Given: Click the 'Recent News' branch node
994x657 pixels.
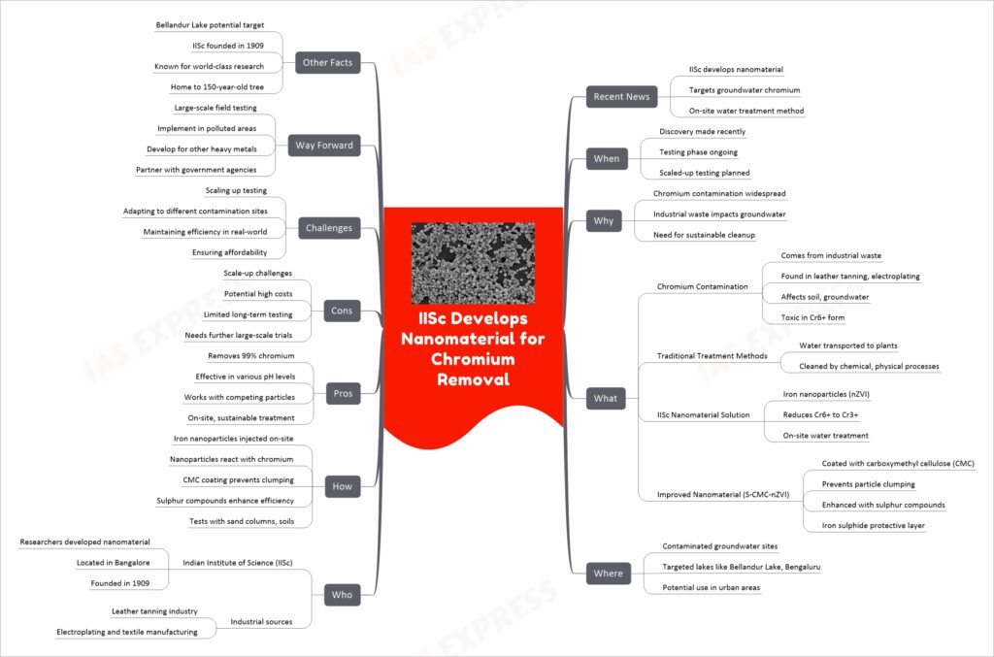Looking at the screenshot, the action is point(621,96).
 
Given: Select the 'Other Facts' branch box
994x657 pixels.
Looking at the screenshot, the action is point(327,62).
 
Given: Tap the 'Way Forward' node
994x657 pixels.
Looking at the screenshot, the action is point(324,146).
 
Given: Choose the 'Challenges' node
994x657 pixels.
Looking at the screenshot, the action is point(328,227).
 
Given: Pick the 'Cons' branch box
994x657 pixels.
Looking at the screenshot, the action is point(342,311).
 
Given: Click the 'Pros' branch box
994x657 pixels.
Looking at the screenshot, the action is point(343,393).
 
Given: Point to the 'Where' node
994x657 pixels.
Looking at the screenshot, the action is point(608,574).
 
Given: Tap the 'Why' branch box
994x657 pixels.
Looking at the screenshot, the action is point(604,220).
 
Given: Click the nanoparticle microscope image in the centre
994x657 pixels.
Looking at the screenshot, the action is point(473,263).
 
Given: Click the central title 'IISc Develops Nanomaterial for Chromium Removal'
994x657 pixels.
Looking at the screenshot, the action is point(473,348).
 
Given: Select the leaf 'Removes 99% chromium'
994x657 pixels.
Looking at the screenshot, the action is point(251,356).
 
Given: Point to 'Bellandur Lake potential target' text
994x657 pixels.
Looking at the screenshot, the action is point(210,25).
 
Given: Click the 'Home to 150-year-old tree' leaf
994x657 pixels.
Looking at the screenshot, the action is point(216,86).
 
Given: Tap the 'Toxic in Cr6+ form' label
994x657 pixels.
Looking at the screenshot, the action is point(812,317).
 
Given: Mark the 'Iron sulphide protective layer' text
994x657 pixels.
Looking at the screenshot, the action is point(873,525).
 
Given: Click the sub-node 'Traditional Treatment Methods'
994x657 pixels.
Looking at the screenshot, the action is point(712,356).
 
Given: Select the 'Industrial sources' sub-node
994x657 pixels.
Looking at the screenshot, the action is point(261,621).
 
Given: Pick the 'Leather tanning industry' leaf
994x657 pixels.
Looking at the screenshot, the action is point(154,611).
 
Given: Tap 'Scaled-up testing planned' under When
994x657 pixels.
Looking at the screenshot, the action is point(705,173).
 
